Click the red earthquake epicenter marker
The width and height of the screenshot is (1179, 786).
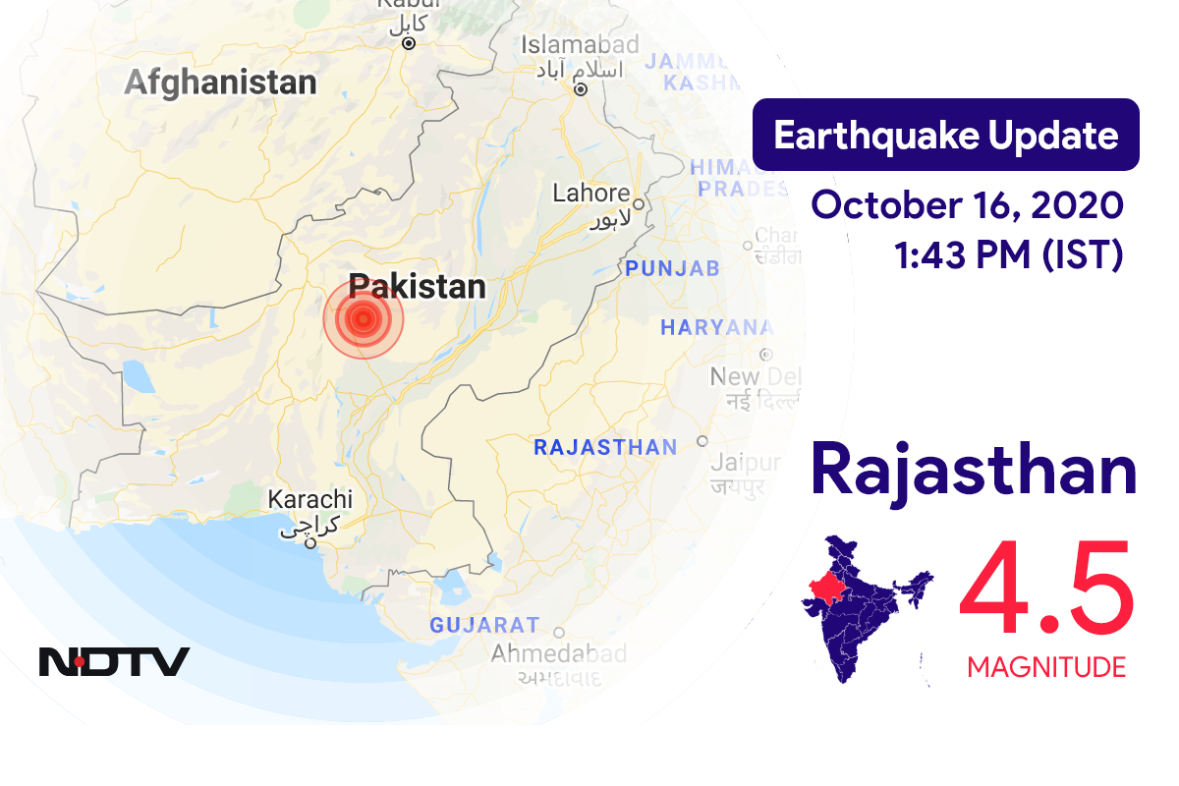364,317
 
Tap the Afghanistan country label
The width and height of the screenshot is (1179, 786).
220,83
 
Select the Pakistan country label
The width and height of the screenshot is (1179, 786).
418,286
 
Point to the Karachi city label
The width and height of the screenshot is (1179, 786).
309,499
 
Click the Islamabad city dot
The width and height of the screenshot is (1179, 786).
581,88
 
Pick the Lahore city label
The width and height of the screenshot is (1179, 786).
590,193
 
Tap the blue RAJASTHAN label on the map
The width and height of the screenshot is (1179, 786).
604,448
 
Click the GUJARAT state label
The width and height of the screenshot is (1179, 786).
484,625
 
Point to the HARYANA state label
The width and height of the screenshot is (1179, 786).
716,328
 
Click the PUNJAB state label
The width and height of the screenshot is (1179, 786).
673,268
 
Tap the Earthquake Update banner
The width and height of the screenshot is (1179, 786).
945,136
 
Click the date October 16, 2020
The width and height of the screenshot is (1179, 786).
967,206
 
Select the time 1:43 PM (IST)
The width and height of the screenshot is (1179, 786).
1008,255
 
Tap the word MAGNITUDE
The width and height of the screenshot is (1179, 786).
1046,668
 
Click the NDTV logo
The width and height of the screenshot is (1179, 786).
114,661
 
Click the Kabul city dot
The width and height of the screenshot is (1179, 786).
409,43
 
